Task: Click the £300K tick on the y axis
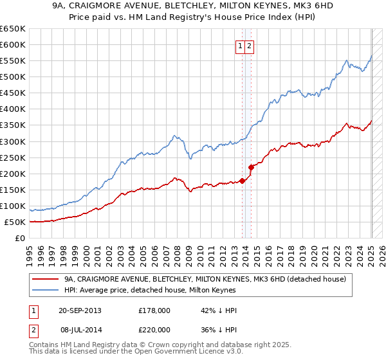[12, 141]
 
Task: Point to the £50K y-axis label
[15, 222]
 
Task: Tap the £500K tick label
[12, 77]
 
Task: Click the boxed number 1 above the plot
[240, 46]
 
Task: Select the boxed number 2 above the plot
[249, 46]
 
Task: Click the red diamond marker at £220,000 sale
[251, 167]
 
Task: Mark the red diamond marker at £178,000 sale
[243, 181]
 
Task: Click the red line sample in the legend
[46, 280]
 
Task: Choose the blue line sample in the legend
[46, 291]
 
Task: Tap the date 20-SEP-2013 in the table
[80, 310]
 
